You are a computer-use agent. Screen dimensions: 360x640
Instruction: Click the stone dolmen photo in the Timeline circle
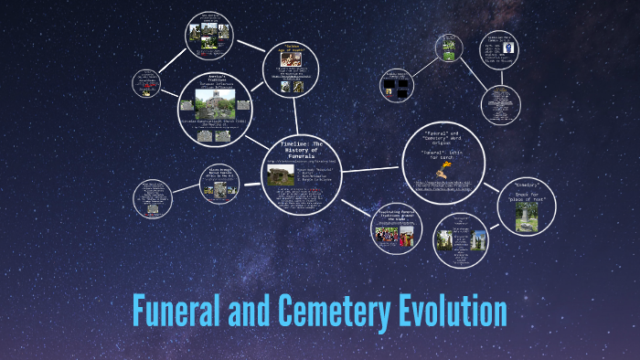(x=279, y=178)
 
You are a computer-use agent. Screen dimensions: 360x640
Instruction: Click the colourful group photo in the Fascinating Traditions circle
(x=393, y=235)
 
